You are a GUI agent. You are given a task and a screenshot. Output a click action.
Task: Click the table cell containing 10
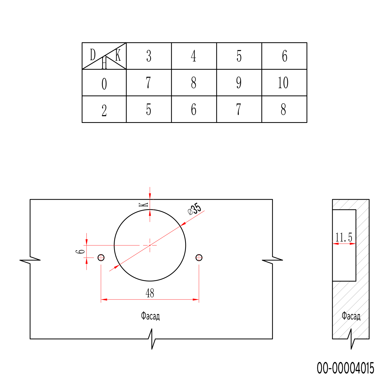click(284, 83)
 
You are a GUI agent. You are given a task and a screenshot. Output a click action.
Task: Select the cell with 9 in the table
click(239, 83)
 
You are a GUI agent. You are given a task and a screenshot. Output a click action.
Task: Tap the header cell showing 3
click(149, 56)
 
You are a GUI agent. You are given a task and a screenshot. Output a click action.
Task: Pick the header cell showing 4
click(194, 56)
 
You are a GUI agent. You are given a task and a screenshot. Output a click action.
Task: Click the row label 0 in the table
click(104, 83)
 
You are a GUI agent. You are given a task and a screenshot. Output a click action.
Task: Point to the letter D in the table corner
click(93, 55)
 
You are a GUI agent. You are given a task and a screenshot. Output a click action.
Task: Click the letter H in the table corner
click(104, 63)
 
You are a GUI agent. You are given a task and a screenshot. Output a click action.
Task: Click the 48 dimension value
click(150, 293)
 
